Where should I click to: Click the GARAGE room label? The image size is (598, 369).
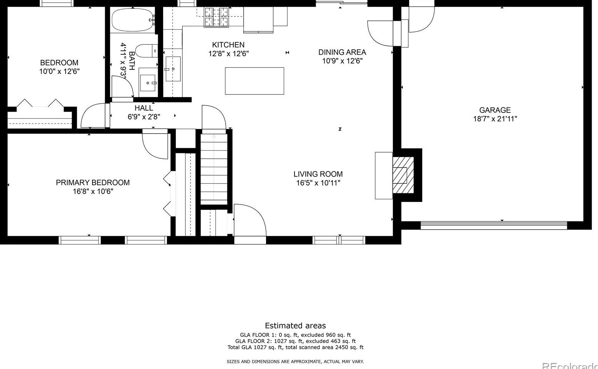point(495,110)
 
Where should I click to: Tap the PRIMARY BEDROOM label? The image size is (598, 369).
point(93,183)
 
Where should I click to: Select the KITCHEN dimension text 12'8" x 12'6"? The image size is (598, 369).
point(229,54)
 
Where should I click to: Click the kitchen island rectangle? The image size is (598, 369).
point(254,81)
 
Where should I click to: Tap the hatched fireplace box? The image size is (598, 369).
point(403,175)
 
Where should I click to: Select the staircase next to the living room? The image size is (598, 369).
point(214,169)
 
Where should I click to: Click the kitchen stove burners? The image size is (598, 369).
point(217,17)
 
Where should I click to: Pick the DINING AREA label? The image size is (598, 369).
point(342,52)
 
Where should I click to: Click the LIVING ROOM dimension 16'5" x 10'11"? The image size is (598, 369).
point(318,183)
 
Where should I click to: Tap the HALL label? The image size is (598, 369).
point(143,108)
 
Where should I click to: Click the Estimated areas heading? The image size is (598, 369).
point(295,326)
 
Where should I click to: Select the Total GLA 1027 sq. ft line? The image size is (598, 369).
point(295,347)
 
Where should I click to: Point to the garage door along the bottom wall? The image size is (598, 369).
point(494,225)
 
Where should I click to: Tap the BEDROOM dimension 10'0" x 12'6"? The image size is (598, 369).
point(59,71)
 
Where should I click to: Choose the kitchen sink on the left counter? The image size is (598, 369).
point(173,69)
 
